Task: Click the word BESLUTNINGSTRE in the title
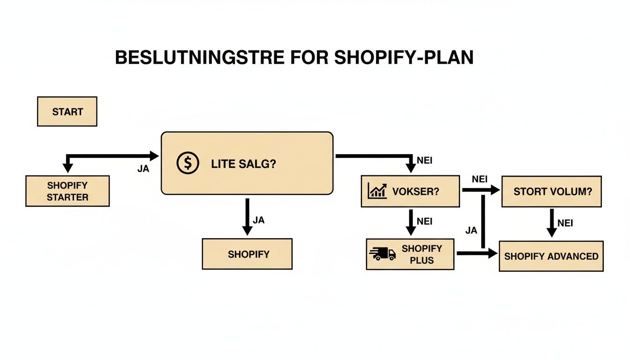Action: (x=199, y=57)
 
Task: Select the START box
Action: (x=67, y=112)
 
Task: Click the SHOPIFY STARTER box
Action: (x=67, y=191)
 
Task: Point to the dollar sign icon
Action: (x=187, y=163)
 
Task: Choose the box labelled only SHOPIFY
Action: (x=247, y=254)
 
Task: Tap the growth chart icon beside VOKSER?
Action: (x=378, y=191)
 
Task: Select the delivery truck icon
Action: (x=382, y=254)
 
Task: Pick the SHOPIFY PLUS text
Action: (x=421, y=254)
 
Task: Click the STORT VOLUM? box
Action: (x=551, y=191)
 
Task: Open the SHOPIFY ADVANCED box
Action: (x=551, y=256)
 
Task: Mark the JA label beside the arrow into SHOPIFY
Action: (x=258, y=220)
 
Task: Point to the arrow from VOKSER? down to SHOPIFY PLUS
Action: (x=411, y=222)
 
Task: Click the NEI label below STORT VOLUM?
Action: (x=565, y=223)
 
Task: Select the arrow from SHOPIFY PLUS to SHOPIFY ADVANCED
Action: (x=476, y=254)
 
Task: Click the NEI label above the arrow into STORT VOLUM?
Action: (x=479, y=179)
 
